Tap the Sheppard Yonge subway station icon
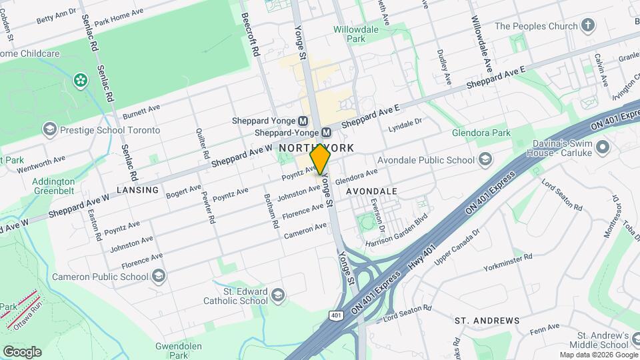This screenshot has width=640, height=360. point(303,121)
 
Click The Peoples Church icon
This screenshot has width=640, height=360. point(587,26)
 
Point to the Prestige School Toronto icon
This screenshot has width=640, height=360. point(49,130)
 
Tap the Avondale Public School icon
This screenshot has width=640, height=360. point(486,160)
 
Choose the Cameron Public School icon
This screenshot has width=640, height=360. point(159,276)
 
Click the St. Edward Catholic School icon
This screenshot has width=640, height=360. point(279,295)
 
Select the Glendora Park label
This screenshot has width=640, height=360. point(481,133)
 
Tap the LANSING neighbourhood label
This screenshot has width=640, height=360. point(137,190)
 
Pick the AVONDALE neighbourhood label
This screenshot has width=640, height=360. point(371,191)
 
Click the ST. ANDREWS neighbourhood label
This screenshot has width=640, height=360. point(487,321)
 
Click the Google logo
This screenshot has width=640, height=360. point(21,351)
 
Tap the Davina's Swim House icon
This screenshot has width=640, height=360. point(603,147)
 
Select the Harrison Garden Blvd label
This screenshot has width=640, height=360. point(396,231)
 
